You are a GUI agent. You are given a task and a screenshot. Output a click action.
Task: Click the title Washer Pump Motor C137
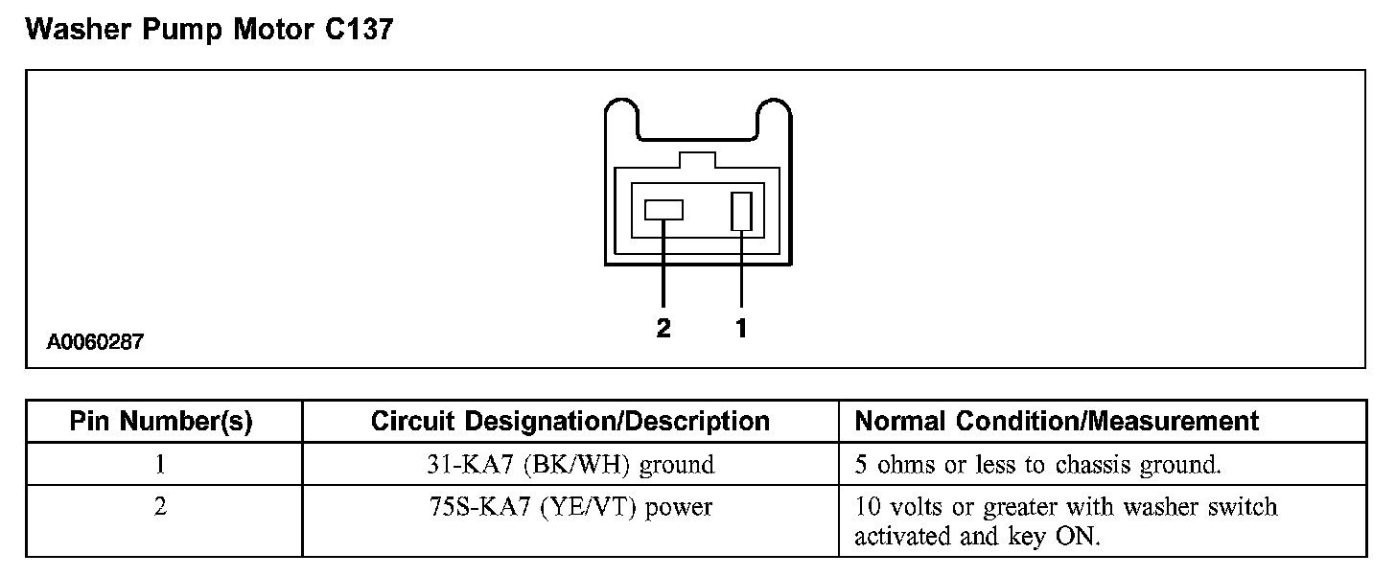click(x=209, y=30)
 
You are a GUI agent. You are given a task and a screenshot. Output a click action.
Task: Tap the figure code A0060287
click(x=95, y=342)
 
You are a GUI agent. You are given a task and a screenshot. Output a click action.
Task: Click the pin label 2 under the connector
click(x=663, y=329)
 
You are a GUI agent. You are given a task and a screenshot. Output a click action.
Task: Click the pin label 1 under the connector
click(x=741, y=329)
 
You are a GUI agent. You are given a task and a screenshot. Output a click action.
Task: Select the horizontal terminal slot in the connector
click(x=663, y=209)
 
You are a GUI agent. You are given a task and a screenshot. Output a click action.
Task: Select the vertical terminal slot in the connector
click(x=741, y=211)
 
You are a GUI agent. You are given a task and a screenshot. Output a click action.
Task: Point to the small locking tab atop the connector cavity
click(x=697, y=160)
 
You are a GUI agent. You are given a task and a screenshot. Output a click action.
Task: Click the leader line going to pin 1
click(x=741, y=273)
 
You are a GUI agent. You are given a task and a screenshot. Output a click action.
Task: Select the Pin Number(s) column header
click(x=161, y=422)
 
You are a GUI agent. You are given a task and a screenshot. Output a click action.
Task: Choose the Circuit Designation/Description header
click(x=570, y=422)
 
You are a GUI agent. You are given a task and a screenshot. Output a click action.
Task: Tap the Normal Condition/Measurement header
click(x=1057, y=422)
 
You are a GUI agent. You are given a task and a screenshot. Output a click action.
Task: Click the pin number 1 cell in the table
click(x=161, y=465)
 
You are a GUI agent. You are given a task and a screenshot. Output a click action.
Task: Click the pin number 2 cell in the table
click(x=161, y=507)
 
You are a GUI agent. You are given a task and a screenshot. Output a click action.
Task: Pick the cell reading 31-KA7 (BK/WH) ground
click(x=570, y=465)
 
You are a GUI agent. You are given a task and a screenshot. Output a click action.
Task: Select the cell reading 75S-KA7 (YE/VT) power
click(x=570, y=507)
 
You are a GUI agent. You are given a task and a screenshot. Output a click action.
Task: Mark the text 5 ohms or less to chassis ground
click(x=1037, y=465)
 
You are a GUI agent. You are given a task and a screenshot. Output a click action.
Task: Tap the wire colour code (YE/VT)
click(x=592, y=507)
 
